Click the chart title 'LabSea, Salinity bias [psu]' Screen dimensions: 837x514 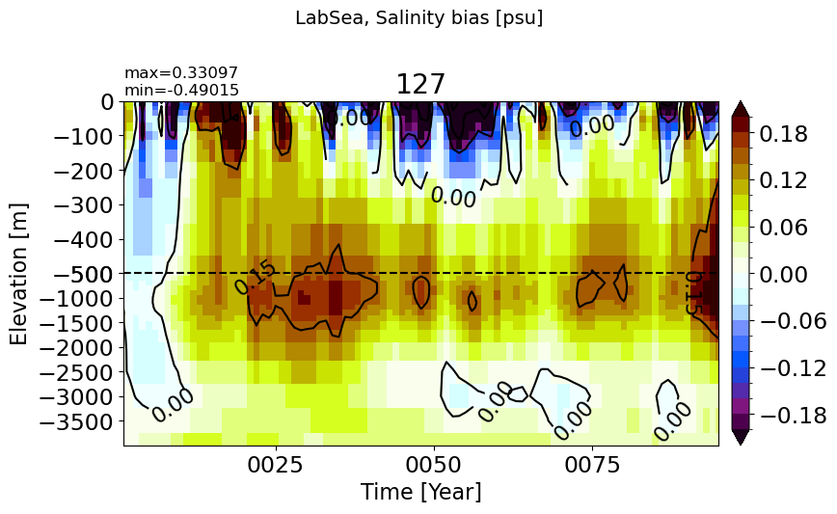pos(419,18)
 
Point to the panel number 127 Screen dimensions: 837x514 pos(420,84)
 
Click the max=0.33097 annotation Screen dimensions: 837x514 pos(181,72)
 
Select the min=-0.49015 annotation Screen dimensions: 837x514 pos(181,91)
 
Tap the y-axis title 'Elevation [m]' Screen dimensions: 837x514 pos(18,274)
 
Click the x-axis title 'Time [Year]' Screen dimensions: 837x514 pos(420,492)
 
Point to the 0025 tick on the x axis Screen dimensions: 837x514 pos(277,465)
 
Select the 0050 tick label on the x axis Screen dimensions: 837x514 pos(435,465)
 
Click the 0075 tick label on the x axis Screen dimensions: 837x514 pos(592,465)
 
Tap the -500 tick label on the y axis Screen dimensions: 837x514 pos(84,274)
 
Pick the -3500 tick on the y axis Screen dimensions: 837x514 pos(77,422)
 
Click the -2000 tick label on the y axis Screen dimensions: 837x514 pos(77,348)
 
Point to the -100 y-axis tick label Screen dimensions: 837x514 pos(84,137)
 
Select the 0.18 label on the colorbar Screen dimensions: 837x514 pos(784,134)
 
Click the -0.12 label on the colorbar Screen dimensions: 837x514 pos(793,368)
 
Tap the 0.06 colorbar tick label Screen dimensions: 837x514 pos(784,228)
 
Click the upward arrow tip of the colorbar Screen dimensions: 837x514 pos(741,101)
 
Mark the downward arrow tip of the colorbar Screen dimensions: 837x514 pos(741,446)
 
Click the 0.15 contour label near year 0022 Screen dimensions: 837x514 pos(256,278)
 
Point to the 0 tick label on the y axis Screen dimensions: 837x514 pos(107,102)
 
